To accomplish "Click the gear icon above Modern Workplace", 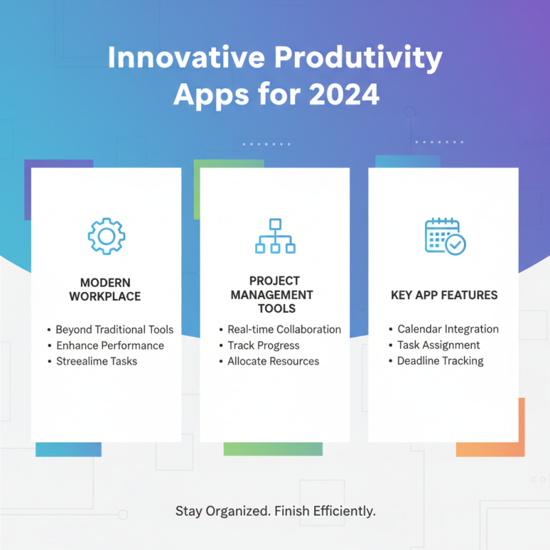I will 106,236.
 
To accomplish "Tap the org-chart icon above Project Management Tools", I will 275,236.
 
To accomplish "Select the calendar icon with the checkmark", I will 445,236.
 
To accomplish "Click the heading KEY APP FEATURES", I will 444,296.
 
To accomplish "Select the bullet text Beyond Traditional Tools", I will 114,329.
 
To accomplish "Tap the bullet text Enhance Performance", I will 109,345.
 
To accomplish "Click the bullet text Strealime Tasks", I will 96,361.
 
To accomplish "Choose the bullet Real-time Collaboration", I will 284,329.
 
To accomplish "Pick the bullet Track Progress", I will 263,345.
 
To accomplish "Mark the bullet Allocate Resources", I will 273,361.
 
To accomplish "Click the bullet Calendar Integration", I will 448,329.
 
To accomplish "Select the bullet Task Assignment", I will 439,345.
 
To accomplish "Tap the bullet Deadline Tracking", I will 440,361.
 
